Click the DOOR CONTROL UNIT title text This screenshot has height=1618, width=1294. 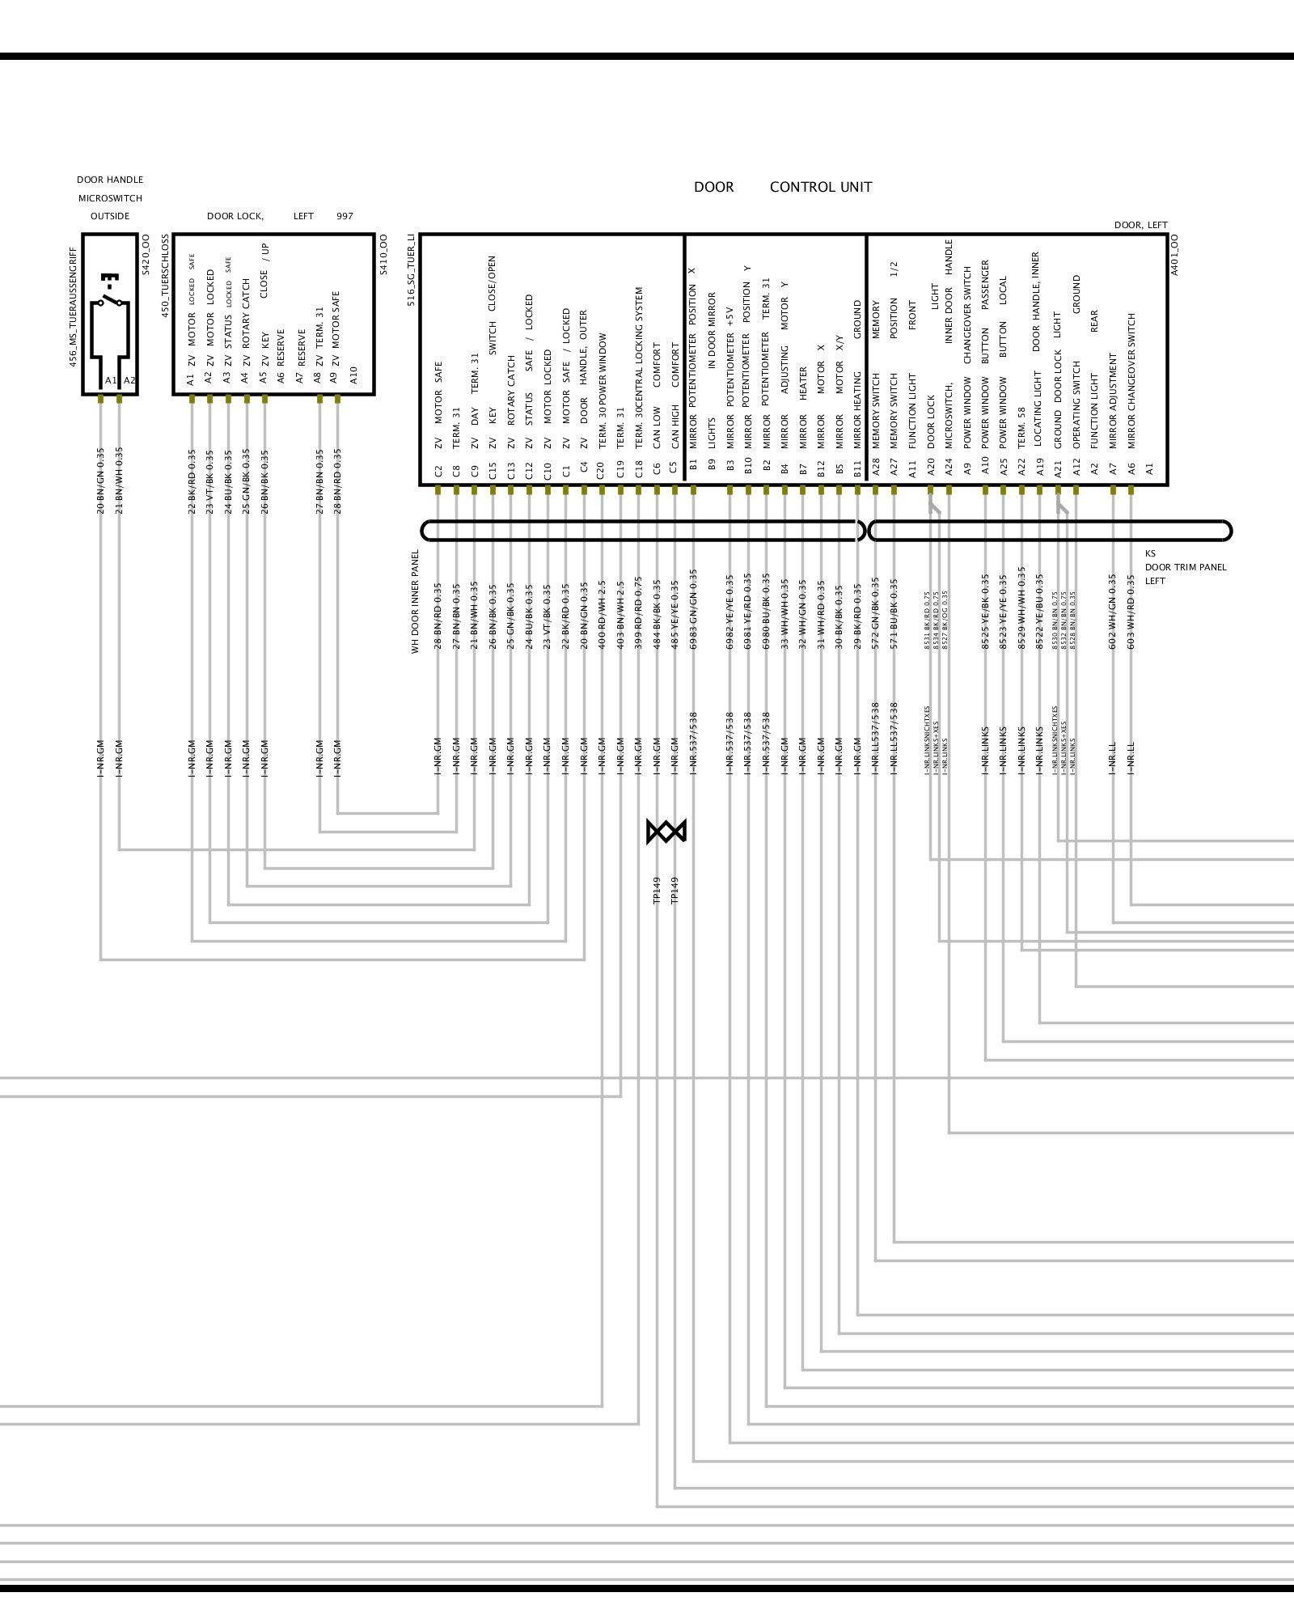tap(782, 187)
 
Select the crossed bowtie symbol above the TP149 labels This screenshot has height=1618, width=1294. tap(666, 831)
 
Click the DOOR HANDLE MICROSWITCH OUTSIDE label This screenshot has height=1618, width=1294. tap(110, 198)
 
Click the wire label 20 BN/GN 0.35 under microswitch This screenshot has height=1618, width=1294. tap(100, 481)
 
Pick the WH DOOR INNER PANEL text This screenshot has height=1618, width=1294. tap(416, 602)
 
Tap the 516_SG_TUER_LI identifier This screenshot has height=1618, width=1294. tap(411, 270)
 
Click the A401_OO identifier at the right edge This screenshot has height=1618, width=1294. tap(1175, 255)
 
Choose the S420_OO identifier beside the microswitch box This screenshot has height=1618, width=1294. tap(146, 255)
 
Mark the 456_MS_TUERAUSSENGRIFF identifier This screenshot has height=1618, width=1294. tap(73, 307)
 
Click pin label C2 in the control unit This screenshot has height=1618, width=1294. tap(438, 470)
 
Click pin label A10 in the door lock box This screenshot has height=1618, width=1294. tap(353, 375)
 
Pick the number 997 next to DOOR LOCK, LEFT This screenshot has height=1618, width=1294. tap(345, 217)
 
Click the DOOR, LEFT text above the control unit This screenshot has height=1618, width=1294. tap(1140, 225)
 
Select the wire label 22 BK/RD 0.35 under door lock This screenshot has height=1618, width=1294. tap(192, 481)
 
